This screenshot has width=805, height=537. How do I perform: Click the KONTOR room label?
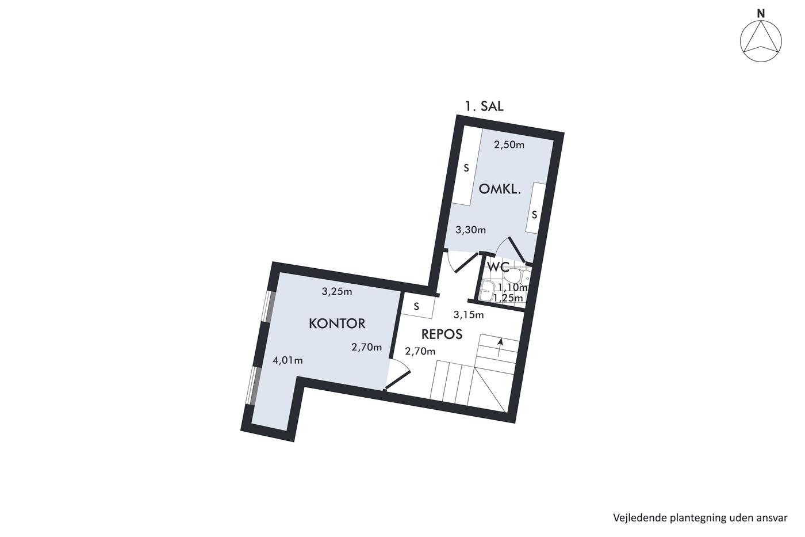coord(337,323)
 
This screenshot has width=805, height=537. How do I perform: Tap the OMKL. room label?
coord(500,189)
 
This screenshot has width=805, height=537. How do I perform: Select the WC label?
coord(498,266)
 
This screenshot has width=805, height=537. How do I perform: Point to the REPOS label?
coord(442,334)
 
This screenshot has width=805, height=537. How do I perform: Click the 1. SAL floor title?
coord(484,106)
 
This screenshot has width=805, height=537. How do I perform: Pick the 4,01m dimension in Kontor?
coord(287,360)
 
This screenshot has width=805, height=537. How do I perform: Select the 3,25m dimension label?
coord(337,292)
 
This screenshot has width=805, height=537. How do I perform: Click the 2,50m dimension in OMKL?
coord(509,145)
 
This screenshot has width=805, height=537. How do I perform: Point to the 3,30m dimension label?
coord(470,230)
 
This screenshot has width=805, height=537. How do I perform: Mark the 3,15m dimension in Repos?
coord(468,315)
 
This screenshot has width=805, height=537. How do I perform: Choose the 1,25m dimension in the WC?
coord(508,298)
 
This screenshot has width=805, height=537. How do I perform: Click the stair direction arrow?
coord(500,348)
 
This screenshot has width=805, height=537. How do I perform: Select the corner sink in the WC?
coord(488,290)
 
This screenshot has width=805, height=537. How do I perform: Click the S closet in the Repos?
coord(417,306)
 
